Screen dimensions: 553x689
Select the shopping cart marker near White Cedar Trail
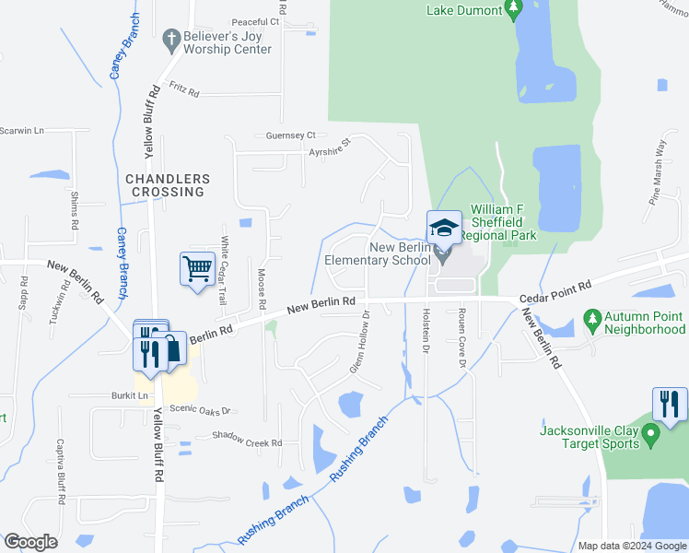[197, 270]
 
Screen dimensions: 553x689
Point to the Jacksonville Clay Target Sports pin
[650, 432]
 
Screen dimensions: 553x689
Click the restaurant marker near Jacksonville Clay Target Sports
[669, 404]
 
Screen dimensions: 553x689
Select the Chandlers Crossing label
[167, 185]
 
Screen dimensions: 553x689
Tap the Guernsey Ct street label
[290, 135]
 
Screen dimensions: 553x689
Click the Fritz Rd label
[184, 89]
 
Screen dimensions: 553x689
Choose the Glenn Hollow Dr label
[360, 342]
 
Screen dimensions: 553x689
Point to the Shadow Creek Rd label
[247, 439]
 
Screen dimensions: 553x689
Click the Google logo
[30, 542]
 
